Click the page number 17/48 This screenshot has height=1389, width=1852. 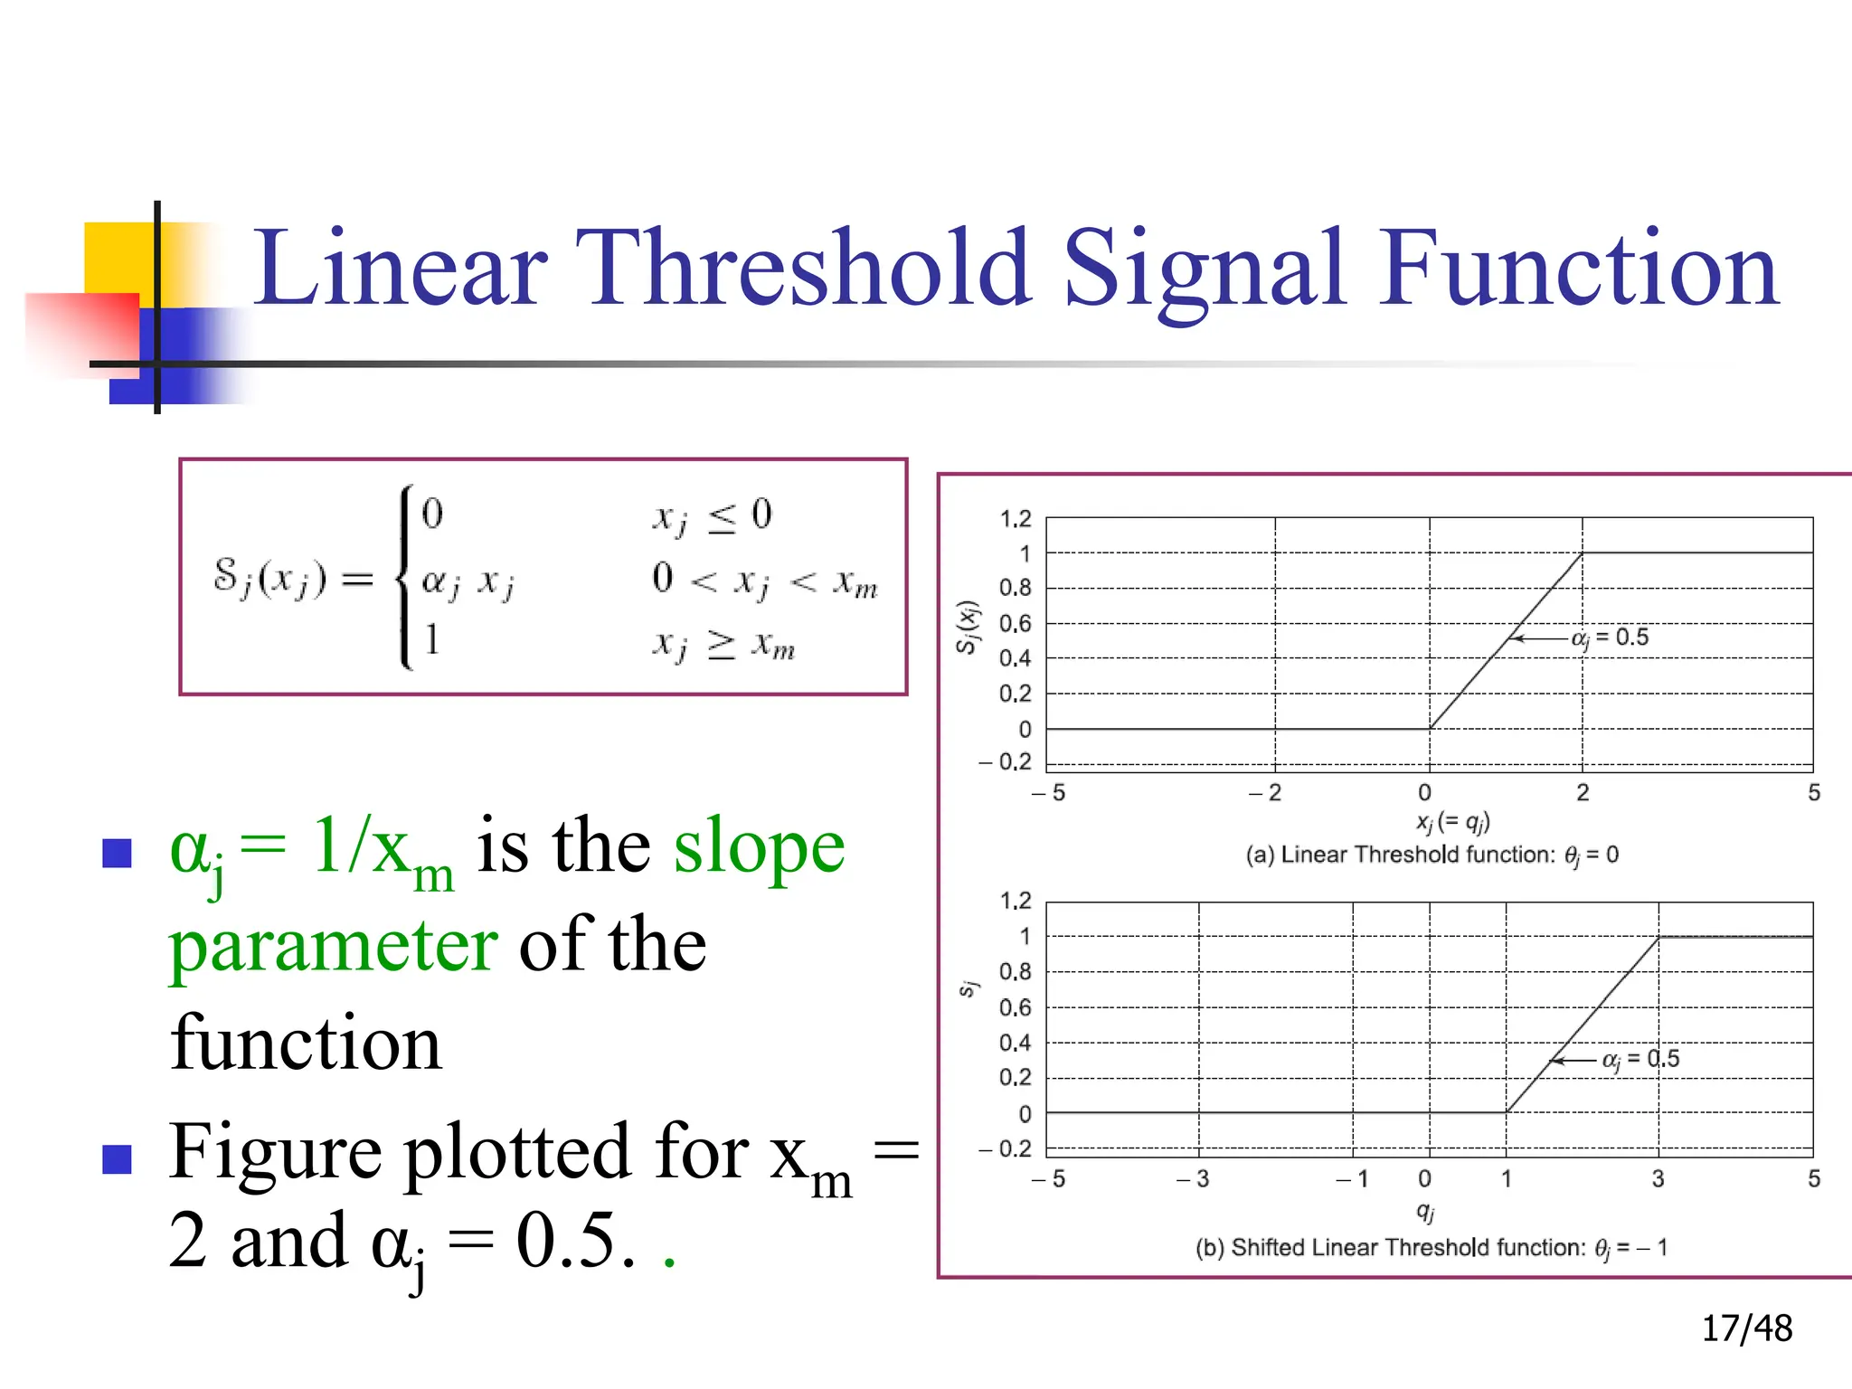[1746, 1328]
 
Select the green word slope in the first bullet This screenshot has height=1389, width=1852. [759, 846]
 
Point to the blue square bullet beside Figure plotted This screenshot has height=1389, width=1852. [118, 1158]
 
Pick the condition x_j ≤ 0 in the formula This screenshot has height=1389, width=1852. [713, 515]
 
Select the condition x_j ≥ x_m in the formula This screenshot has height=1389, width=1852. [723, 645]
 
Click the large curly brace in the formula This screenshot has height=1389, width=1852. [406, 577]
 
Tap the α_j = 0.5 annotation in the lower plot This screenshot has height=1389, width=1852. [1640, 1059]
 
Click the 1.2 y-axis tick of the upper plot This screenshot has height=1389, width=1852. [1015, 519]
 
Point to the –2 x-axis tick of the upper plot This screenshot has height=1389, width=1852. [1265, 793]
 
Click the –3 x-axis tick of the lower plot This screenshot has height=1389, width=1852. [1193, 1178]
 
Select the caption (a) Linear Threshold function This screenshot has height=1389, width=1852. [1432, 855]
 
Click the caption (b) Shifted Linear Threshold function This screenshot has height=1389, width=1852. [1432, 1248]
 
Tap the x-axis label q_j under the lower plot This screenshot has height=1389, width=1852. [1425, 1211]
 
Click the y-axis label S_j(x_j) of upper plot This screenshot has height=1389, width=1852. [967, 627]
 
